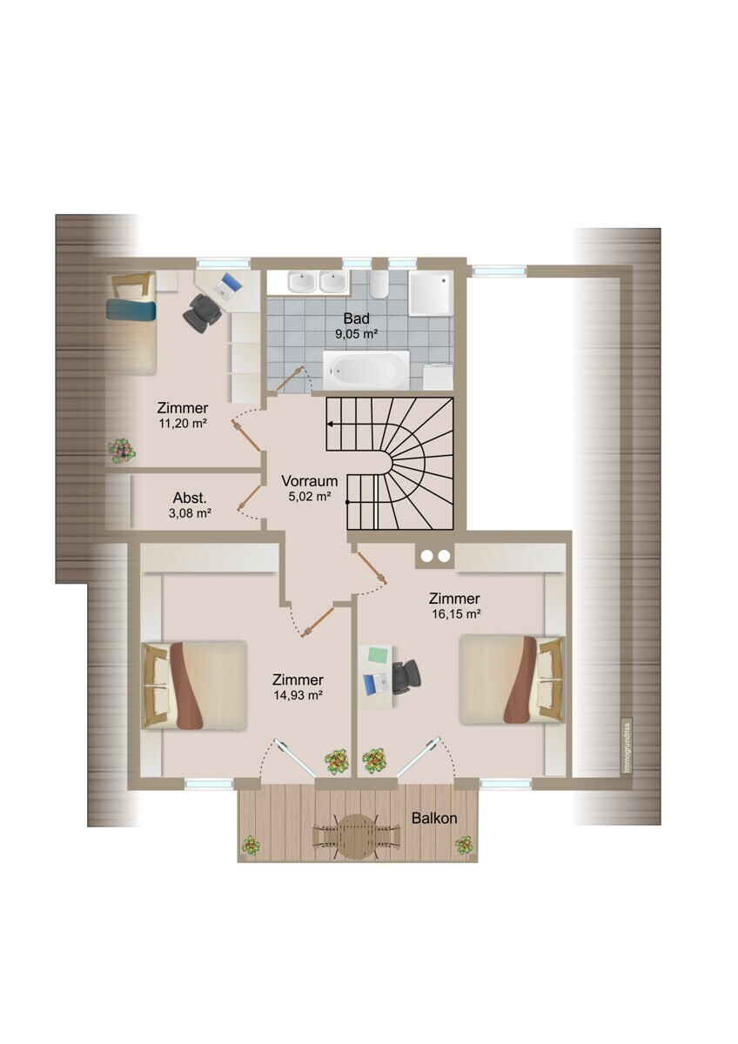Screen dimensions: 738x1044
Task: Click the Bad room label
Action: click(356, 318)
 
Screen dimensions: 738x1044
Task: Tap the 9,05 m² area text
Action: click(356, 334)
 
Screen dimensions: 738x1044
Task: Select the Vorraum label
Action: click(310, 480)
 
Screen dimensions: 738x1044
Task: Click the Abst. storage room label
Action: click(190, 498)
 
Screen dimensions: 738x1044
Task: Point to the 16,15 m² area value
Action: click(456, 614)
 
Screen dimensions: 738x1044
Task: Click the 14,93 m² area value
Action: click(299, 695)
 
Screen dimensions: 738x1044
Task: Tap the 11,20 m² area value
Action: click(182, 424)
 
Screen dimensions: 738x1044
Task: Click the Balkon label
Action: click(434, 818)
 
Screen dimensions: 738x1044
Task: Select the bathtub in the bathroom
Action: click(366, 371)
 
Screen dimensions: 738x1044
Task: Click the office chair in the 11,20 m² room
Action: click(202, 312)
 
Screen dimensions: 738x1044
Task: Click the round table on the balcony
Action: click(357, 836)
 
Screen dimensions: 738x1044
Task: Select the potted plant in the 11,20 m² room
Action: click(122, 451)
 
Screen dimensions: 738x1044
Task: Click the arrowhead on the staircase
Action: click(330, 425)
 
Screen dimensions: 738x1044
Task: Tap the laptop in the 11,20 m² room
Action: click(228, 285)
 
